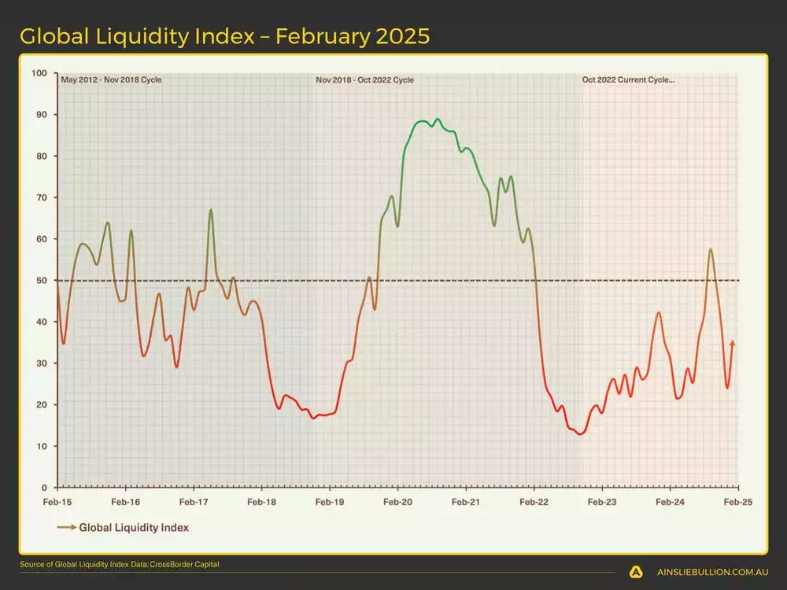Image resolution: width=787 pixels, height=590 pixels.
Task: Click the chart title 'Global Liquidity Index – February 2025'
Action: click(x=224, y=36)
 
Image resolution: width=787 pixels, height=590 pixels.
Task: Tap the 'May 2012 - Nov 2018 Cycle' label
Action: click(x=111, y=79)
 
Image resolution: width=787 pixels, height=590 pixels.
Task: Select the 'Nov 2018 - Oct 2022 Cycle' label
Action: click(x=364, y=79)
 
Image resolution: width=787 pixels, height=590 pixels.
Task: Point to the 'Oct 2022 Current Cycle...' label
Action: click(x=628, y=79)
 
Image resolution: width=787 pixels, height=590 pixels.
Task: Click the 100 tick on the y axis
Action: click(x=39, y=73)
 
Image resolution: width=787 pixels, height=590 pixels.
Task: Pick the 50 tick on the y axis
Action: click(x=42, y=280)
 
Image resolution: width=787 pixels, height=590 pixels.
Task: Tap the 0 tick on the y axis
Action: click(x=44, y=488)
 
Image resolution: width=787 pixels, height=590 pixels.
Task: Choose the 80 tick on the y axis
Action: click(x=42, y=156)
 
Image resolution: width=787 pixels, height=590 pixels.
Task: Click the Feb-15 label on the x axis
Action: click(x=57, y=501)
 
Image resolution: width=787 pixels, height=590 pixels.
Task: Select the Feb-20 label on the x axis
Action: click(x=397, y=501)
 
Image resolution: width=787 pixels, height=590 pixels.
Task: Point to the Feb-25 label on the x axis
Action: click(x=737, y=501)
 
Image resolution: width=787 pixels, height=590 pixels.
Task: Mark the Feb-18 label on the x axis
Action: click(x=261, y=501)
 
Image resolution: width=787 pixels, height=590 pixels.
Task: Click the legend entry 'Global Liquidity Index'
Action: click(x=134, y=528)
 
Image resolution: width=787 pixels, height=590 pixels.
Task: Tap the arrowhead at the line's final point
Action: click(x=733, y=342)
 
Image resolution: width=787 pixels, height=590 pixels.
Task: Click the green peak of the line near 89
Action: click(x=438, y=120)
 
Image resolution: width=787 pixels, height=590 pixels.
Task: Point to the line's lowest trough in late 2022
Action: click(x=581, y=434)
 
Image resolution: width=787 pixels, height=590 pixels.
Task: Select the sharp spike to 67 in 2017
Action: click(x=211, y=210)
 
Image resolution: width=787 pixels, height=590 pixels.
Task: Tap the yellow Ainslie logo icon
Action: click(x=636, y=573)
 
